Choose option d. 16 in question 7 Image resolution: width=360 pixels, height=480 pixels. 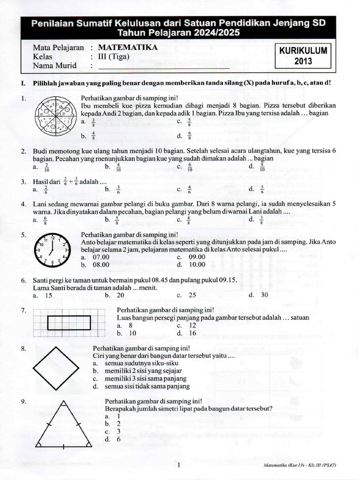pyautogui.click(x=187, y=333)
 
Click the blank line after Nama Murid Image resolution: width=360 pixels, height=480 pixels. pyautogui.click(x=164, y=66)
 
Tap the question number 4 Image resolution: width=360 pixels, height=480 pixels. pyautogui.click(x=23, y=205)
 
